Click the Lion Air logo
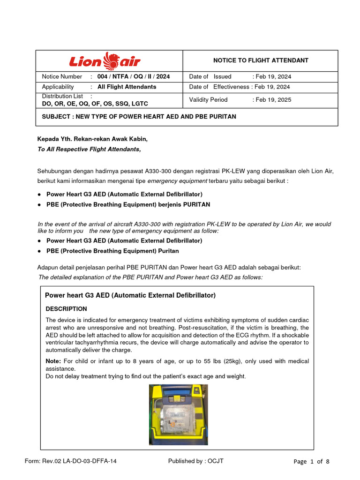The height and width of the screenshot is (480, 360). [x=105, y=61]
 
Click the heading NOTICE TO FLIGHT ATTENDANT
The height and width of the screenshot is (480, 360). [x=254, y=60]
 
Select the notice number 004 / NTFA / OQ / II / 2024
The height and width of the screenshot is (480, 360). [x=134, y=76]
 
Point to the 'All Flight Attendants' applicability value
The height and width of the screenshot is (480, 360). [x=127, y=87]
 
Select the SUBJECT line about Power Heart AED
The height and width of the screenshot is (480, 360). [x=139, y=117]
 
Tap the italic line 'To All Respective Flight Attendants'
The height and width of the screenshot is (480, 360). [x=89, y=149]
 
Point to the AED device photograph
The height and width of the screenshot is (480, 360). [x=178, y=414]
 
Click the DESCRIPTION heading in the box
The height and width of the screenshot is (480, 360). [x=66, y=309]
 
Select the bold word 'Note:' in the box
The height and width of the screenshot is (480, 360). [x=53, y=361]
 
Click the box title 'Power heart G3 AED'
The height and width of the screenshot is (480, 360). [x=130, y=295]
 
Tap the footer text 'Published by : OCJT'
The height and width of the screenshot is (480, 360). [x=196, y=461]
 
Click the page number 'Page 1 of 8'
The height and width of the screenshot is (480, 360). [x=311, y=461]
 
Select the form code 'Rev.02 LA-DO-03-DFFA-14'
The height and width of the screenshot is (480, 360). [x=80, y=461]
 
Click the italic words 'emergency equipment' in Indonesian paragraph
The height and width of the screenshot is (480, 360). [x=177, y=181]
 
